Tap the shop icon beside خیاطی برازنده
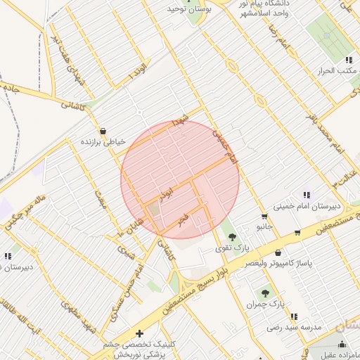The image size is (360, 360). pos(103,131)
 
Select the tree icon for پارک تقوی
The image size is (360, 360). pos(232,237)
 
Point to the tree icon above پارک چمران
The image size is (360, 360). pos(265,294)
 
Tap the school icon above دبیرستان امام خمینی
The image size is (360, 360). pos(307,195)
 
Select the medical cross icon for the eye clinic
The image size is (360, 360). pos(139,333)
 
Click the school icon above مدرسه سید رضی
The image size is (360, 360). pos(293,317)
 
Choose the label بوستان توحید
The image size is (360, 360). pos(185,9)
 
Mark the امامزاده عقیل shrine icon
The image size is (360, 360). pos(342,344)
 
